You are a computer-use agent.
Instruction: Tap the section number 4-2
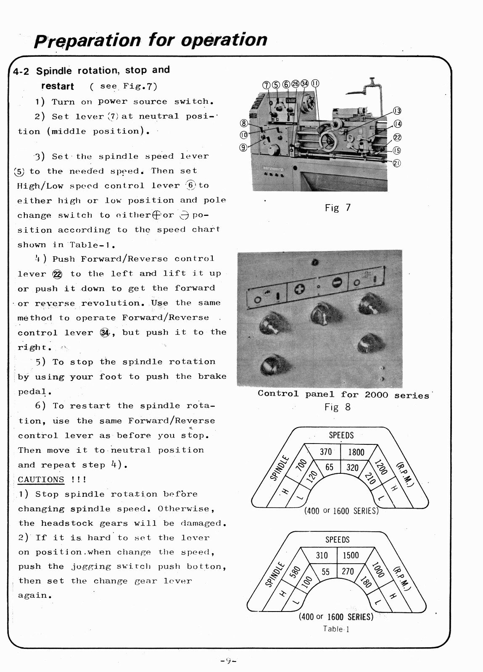[x=21, y=71]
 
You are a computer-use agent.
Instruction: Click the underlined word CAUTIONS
[x=41, y=480]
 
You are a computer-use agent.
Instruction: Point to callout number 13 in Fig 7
[x=397, y=111]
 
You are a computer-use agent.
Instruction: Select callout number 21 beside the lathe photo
[x=396, y=163]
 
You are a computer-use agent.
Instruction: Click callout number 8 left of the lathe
[x=243, y=123]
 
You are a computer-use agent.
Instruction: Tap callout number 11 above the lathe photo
[x=315, y=84]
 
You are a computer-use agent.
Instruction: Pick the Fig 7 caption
[x=337, y=207]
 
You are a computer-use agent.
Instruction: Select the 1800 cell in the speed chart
[x=356, y=452]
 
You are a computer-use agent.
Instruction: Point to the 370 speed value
[x=326, y=452]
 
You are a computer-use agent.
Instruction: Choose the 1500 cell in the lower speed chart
[x=351, y=555]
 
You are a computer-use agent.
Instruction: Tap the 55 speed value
[x=325, y=572]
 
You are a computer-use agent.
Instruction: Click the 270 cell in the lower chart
[x=348, y=571]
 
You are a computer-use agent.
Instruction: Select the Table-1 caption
[x=336, y=629]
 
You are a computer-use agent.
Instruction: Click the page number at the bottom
[x=229, y=661]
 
